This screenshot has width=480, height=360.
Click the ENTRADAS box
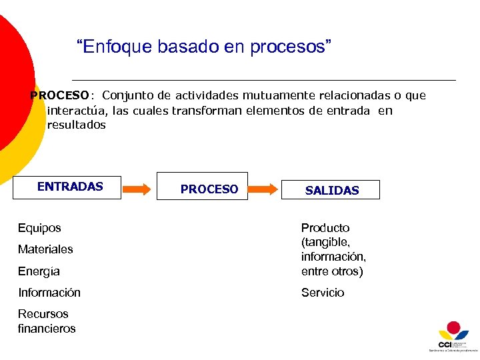pos(67,187)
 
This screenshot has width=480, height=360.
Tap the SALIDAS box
pos(331,190)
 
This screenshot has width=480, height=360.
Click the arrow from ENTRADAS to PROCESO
pos(138,189)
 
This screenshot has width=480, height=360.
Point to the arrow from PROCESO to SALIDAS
pos(264,189)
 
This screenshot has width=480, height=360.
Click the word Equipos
pos(39,228)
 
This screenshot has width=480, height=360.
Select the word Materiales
pos(45,249)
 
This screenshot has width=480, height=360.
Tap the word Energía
pos(39,271)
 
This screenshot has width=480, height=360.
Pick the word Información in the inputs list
pos(49,293)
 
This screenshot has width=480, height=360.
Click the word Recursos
pos(43,314)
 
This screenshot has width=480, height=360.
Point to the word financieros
pos(47,329)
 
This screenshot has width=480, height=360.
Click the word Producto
pos(325,228)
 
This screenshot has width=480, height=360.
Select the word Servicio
pos(323,293)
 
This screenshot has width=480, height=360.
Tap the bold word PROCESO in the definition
pos(59,95)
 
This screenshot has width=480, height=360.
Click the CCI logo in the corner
pos(453,336)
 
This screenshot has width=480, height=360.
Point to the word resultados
pos(77,125)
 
